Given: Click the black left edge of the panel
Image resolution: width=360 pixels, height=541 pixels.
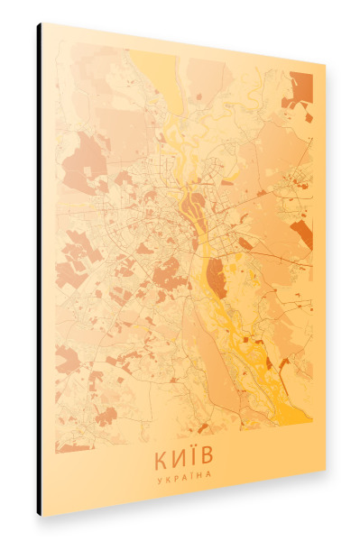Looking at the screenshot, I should [39, 270].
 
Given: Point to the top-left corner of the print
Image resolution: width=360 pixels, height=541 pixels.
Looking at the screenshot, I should [42, 23].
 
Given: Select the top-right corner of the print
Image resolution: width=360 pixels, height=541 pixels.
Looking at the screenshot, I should [325, 64].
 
